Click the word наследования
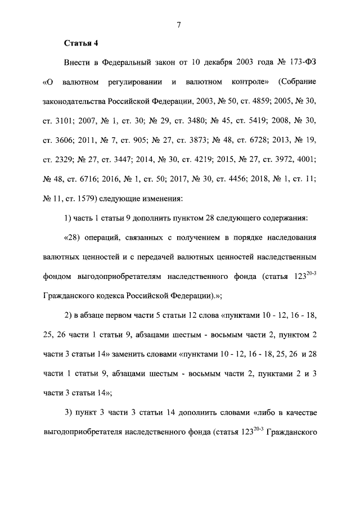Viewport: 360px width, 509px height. (x=287, y=237)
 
